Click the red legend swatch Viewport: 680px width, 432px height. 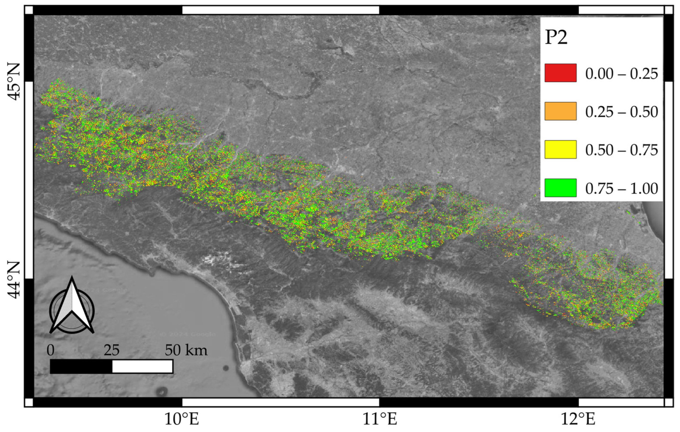pos(560,73)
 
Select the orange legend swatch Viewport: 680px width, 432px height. pos(560,111)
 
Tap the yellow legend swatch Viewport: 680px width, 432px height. pos(560,149)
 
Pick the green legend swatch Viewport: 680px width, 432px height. pos(560,188)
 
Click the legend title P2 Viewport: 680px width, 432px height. pos(556,38)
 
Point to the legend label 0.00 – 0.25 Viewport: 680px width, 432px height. pos(621,74)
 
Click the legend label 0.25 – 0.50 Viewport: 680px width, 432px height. pos(621,112)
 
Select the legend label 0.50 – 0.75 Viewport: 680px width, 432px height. pos(621,150)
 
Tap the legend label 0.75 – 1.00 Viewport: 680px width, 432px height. pos(621,189)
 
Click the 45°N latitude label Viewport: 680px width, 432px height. pos(14,82)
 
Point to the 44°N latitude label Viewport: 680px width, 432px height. pos(14,280)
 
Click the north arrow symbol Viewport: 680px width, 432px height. pos(72,307)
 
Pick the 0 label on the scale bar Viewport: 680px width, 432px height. pos(50,351)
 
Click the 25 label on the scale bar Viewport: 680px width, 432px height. pos(111,351)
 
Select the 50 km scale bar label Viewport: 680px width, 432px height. pos(186,351)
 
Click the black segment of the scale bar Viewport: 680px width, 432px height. pos(81,366)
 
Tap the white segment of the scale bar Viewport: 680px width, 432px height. pos(142,366)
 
